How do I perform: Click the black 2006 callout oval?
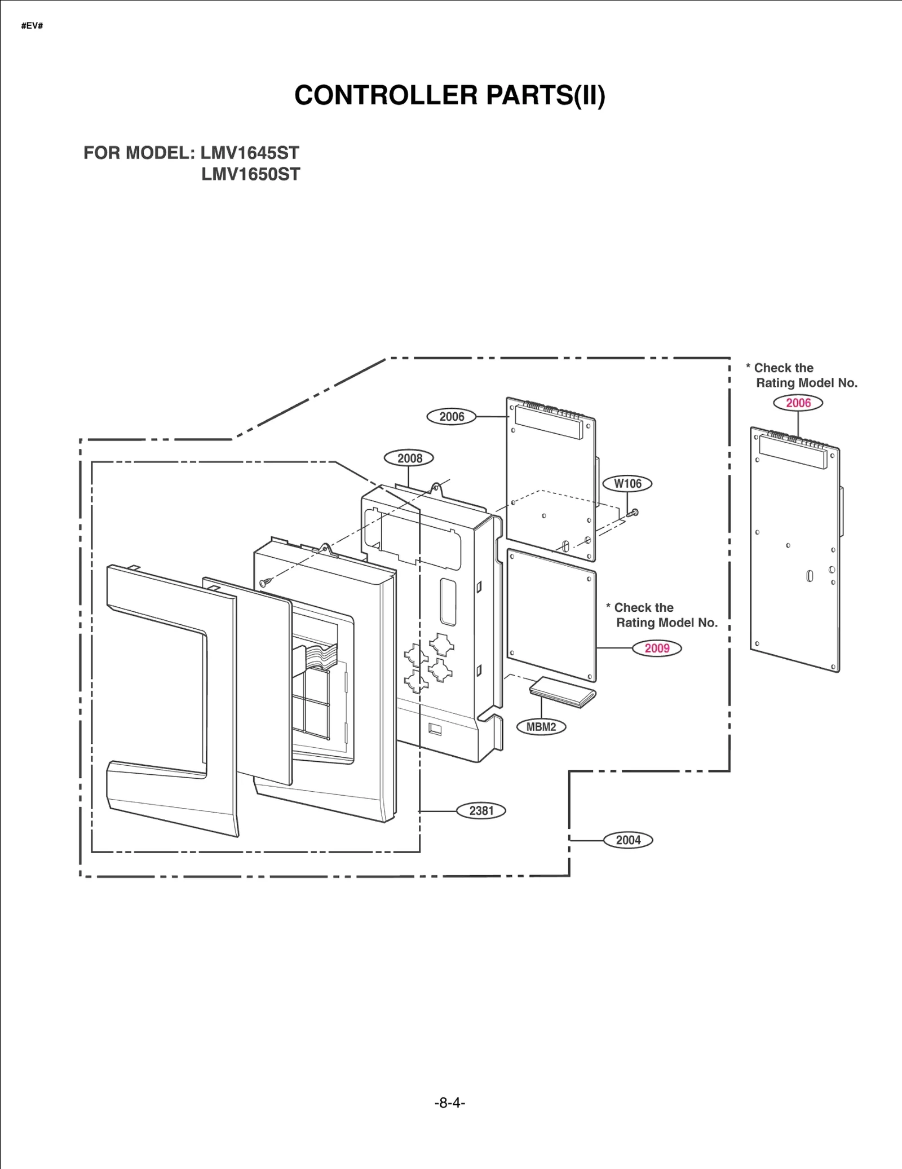tap(451, 417)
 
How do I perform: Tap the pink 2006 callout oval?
tap(798, 403)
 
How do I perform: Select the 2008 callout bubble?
tap(409, 458)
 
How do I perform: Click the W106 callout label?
tap(627, 483)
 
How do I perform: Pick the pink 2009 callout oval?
tap(657, 648)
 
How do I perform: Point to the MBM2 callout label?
tap(541, 727)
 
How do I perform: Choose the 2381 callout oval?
tap(481, 810)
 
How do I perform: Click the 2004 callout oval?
tap(628, 840)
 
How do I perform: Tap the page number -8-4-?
tap(450, 1103)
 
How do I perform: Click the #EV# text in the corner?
tap(32, 26)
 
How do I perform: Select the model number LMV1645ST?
tap(250, 153)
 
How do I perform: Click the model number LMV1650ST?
tap(251, 174)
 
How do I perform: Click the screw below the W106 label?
tap(633, 513)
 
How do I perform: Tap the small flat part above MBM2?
tap(563, 691)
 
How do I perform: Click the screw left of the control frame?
tap(265, 582)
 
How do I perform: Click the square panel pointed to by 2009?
tap(551, 615)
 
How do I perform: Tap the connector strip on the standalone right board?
tap(793, 451)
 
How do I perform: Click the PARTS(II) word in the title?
tap(545, 95)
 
